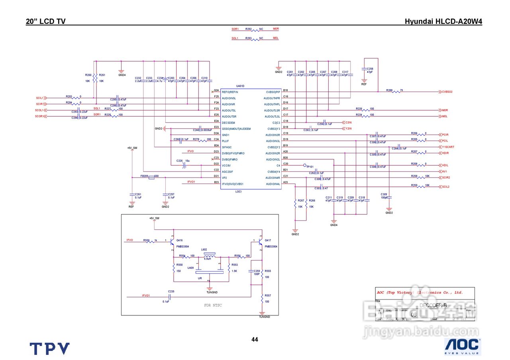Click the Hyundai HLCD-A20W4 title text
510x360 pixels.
pos(443,22)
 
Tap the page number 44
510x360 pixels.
pos(255,340)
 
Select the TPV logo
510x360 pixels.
pos(50,348)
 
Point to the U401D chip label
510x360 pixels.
pos(240,86)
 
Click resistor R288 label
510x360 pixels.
pos(389,90)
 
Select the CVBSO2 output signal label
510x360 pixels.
pos(447,92)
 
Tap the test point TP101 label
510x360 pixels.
pos(310,166)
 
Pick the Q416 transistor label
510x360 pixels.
pos(179,241)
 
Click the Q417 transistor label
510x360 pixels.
pos(268,241)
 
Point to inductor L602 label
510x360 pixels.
pos(204,250)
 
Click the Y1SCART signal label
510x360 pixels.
pos(448,147)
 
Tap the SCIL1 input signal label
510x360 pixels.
pos(39,98)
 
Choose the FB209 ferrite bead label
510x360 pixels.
pos(144,176)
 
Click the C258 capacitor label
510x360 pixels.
pos(370,68)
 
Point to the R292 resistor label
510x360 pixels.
pos(249,29)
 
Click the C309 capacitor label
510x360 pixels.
pos(384,194)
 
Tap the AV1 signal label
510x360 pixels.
pos(445,172)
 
